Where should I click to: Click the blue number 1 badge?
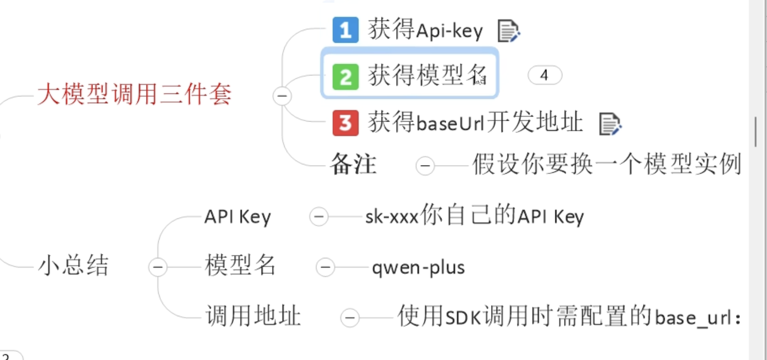tap(346, 30)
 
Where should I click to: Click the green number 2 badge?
tap(346, 77)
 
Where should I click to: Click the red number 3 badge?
tap(346, 123)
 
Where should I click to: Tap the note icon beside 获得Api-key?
tap(509, 31)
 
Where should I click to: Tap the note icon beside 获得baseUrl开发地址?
tap(610, 124)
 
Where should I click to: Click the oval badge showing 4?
tap(545, 75)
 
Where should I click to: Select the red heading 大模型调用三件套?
tap(134, 94)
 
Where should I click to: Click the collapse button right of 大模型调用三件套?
tap(282, 96)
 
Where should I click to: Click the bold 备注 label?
tap(353, 164)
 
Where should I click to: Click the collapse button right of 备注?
tap(425, 166)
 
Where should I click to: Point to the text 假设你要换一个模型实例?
tap(606, 164)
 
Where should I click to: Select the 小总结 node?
tap(73, 266)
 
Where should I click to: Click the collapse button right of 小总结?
tap(158, 267)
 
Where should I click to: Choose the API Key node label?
tap(237, 217)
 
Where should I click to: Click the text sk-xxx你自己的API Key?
tap(475, 216)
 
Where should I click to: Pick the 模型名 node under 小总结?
tap(240, 266)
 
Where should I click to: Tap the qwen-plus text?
tap(418, 268)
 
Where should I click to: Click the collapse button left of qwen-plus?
tap(325, 267)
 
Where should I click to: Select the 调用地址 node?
tap(253, 316)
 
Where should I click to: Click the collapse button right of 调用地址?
tap(349, 318)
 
